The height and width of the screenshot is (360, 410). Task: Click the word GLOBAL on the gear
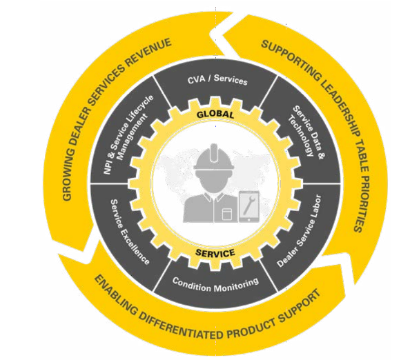click(x=215, y=114)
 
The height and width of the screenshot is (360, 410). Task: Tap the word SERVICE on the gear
click(x=215, y=253)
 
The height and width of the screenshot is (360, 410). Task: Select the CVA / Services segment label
click(x=217, y=79)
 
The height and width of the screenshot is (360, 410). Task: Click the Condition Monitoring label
click(x=216, y=285)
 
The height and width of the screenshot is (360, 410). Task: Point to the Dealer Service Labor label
click(x=299, y=231)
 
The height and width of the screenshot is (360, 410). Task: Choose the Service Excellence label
click(x=130, y=232)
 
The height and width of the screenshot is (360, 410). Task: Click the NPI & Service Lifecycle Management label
click(x=128, y=134)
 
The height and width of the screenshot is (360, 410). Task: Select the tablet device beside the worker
click(x=249, y=207)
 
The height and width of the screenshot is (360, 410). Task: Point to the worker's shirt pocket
click(x=226, y=214)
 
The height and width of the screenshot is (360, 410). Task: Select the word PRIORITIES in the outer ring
click(x=362, y=203)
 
